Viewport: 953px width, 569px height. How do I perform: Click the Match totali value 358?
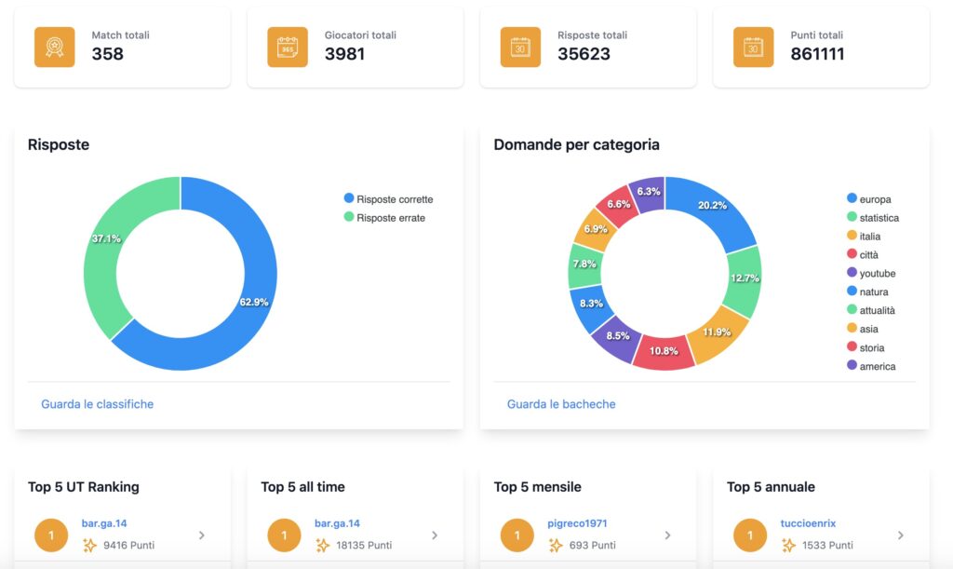click(x=108, y=54)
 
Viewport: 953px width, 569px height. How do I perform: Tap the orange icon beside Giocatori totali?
click(x=288, y=47)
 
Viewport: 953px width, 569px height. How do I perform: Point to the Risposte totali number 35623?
click(x=584, y=54)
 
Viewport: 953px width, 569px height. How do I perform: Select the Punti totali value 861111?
click(x=817, y=54)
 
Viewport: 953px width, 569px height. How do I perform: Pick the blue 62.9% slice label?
click(x=253, y=302)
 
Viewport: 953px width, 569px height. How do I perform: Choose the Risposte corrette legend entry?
click(x=388, y=198)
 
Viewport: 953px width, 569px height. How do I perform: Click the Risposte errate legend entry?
click(x=384, y=218)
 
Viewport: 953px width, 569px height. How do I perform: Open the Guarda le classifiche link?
click(x=97, y=403)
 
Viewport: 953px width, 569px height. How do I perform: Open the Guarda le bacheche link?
click(x=561, y=403)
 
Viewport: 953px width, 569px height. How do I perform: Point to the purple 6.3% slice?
click(x=648, y=193)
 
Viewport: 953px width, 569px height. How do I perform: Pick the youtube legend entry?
click(x=871, y=273)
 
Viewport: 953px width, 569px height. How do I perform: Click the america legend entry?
click(x=871, y=366)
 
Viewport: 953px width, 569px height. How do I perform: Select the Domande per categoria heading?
click(x=576, y=144)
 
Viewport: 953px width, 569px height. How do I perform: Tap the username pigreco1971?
click(x=577, y=522)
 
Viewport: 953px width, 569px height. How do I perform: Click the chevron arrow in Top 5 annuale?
click(x=901, y=535)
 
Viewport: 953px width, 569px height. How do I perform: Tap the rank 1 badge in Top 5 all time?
click(x=284, y=535)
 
